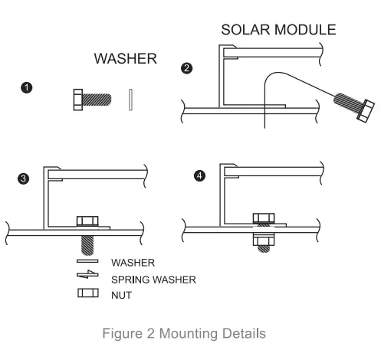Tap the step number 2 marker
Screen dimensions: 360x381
pos(186,69)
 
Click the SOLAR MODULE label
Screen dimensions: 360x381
pos(278,31)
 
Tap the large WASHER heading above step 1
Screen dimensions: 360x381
pos(126,58)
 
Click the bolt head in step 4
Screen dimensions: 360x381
pos(262,218)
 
